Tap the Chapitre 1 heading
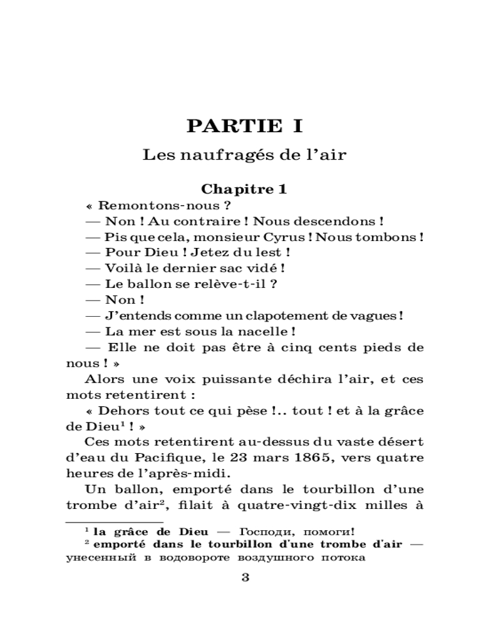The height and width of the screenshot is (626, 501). (244, 189)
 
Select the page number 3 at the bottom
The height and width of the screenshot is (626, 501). (245, 577)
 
